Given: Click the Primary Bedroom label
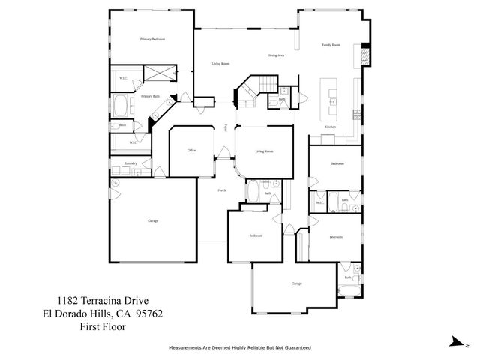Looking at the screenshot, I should pyautogui.click(x=151, y=38).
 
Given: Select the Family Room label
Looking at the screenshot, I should pyautogui.click(x=331, y=45).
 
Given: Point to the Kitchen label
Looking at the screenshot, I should pyautogui.click(x=330, y=127).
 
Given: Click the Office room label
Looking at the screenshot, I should pyautogui.click(x=191, y=151).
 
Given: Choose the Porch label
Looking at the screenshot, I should pyautogui.click(x=222, y=191).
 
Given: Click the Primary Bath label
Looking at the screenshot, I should pyautogui.click(x=151, y=96).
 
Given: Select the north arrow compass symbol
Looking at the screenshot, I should pyautogui.click(x=457, y=341).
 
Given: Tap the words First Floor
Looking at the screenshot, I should pyautogui.click(x=103, y=327).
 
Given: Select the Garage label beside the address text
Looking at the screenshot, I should pyautogui.click(x=153, y=221).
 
